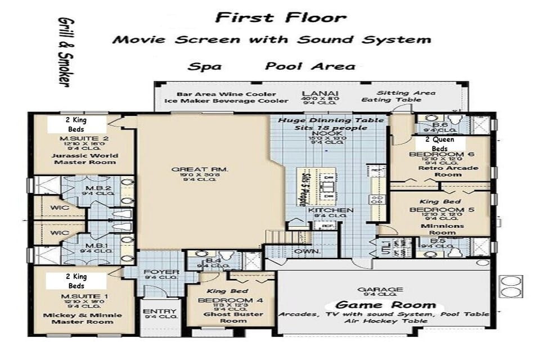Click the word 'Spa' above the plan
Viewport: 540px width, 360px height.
coord(205,66)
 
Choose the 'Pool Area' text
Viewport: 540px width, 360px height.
coord(310,66)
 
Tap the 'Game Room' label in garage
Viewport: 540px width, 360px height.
coord(385,305)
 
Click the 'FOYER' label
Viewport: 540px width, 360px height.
coord(161,272)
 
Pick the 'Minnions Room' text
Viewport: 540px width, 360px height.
coord(442,228)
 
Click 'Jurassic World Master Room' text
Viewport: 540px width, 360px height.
coord(85,159)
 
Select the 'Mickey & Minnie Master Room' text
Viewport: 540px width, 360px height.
coord(85,318)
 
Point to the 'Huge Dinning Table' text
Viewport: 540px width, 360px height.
coord(331,120)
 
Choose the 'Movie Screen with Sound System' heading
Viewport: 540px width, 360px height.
coord(271,40)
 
